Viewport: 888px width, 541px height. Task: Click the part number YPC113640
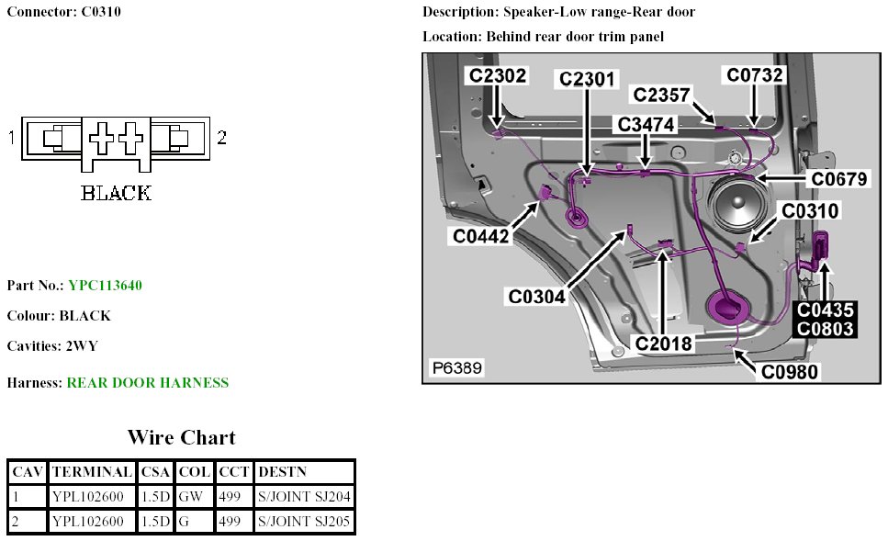point(105,286)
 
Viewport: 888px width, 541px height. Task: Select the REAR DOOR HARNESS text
point(147,383)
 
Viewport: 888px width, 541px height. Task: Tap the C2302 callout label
point(498,75)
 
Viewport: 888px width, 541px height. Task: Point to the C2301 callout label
point(588,80)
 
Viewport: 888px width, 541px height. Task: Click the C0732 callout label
point(755,75)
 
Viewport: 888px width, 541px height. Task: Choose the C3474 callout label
point(647,124)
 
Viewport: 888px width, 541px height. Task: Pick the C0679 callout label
point(834,179)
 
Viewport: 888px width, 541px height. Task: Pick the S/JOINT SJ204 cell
point(304,497)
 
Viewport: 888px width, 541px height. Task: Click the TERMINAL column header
point(92,472)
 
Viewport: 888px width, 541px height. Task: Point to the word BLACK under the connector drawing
point(116,194)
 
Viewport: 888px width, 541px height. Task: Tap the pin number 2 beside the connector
point(221,138)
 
